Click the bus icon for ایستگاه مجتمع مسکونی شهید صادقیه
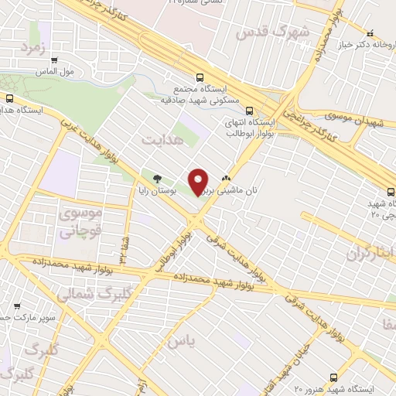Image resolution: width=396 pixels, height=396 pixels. coord(200,77)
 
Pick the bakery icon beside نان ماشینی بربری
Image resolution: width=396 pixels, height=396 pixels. coord(226,177)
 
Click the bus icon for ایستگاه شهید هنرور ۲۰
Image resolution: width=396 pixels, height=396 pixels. coord(333,377)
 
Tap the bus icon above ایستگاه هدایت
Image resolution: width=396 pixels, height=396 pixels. coord(10,98)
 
